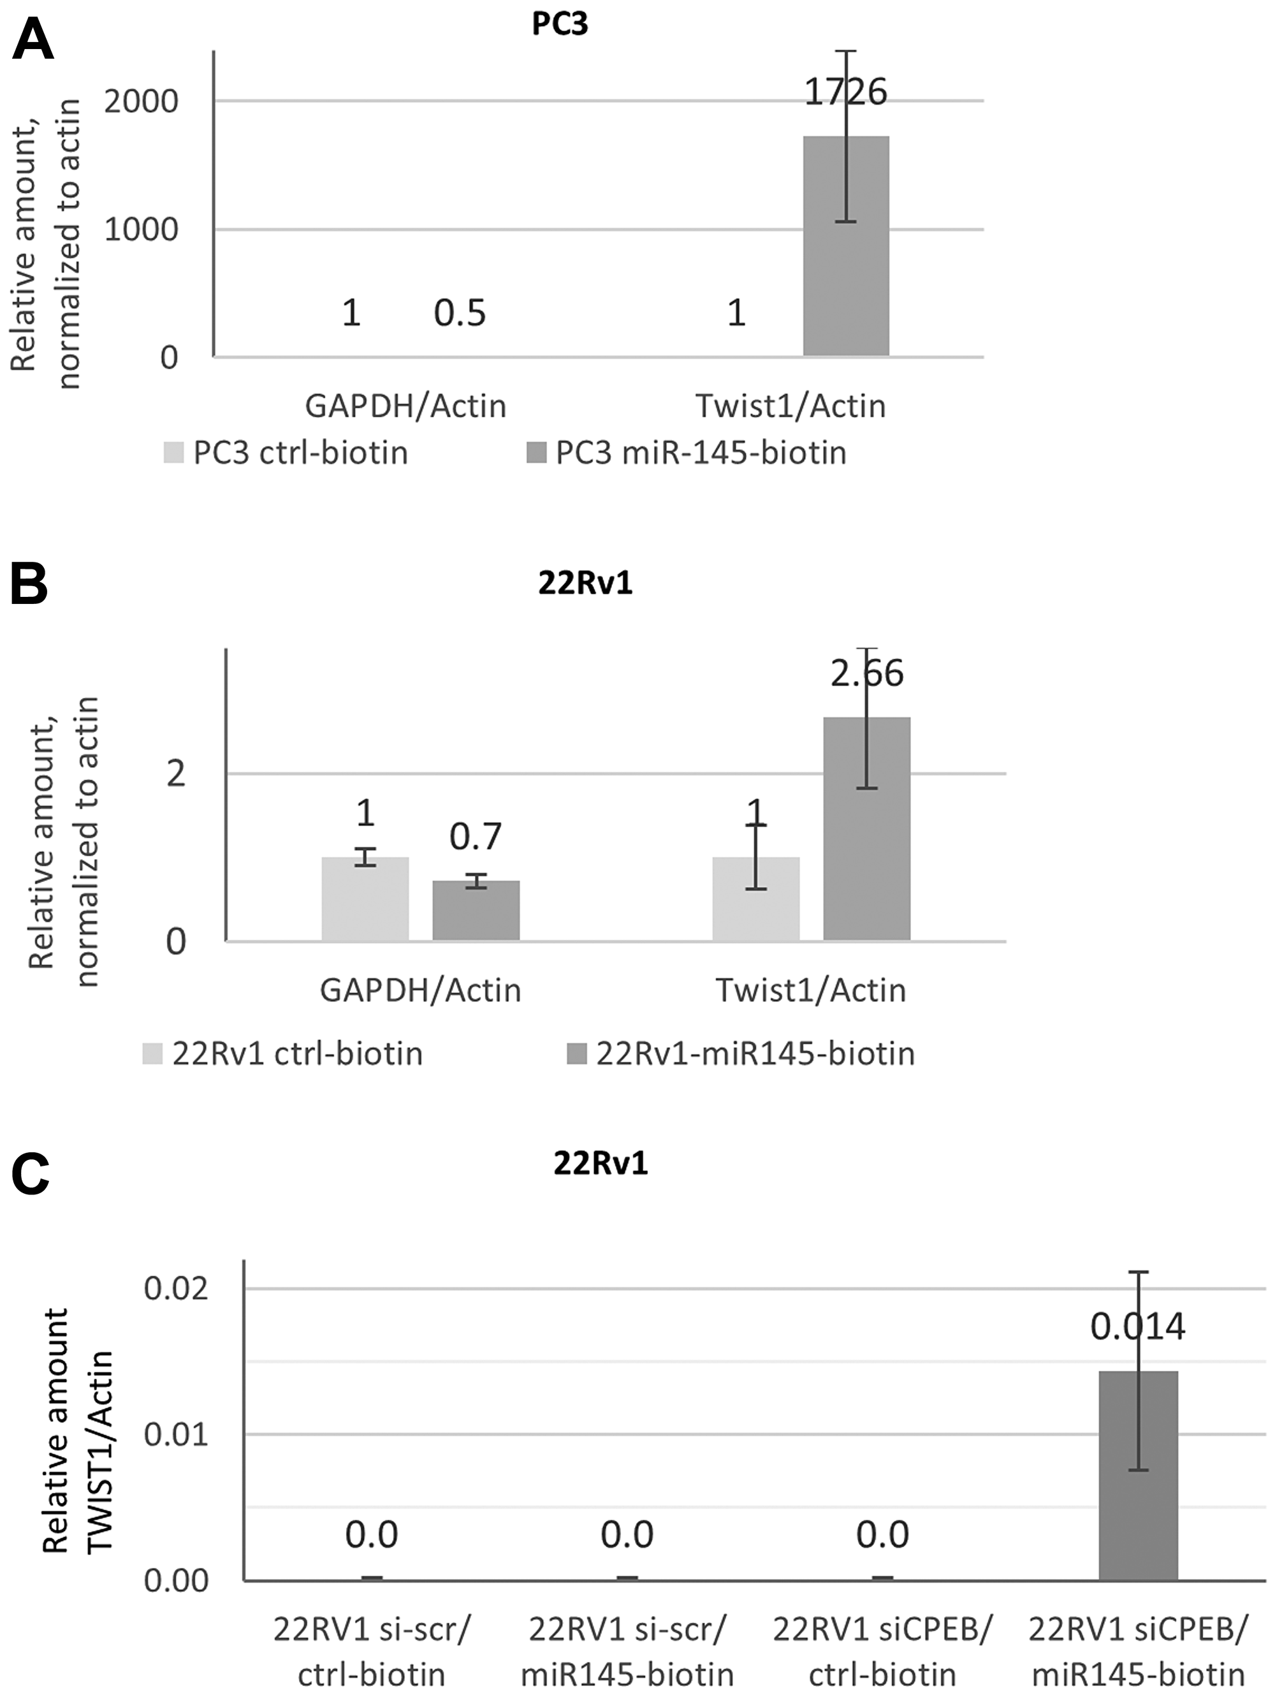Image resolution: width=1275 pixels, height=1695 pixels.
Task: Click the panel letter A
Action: pos(32,40)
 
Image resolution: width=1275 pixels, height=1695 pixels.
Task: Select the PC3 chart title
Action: pos(560,24)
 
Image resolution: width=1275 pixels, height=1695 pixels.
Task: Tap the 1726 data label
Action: pos(845,92)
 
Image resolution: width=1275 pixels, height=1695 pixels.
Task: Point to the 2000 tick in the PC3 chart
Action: pos(141,101)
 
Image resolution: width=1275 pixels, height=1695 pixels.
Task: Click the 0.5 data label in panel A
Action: pos(460,312)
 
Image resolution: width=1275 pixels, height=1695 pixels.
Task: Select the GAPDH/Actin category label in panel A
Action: pos(405,406)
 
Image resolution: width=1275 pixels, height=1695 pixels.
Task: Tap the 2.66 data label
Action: pos(868,673)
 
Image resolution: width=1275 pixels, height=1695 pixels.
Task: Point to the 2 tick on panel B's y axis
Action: pos(175,774)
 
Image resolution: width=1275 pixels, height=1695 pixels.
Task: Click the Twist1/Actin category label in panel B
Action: pos(811,990)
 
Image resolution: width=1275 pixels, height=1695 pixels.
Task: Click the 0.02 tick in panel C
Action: pos(175,1288)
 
